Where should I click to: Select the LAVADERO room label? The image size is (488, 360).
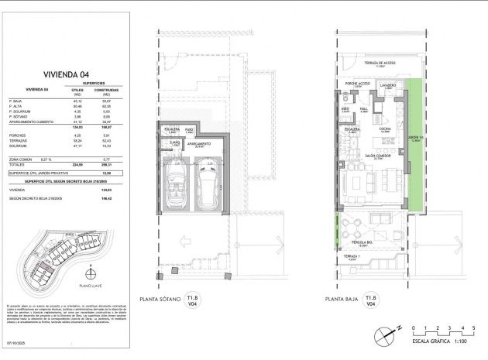coord(388,85)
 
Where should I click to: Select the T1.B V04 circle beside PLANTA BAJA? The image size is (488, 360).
coord(372,300)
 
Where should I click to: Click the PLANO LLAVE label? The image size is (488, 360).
coord(90,286)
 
